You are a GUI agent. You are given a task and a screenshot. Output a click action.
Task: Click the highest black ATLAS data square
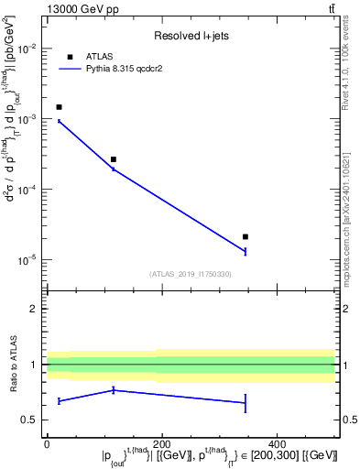point(59,107)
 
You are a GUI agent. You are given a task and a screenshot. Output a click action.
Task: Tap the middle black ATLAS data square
point(114,159)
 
